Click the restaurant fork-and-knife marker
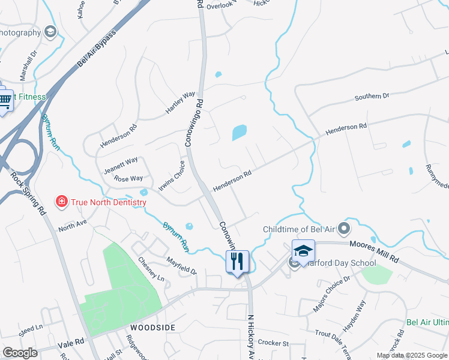coord(237,262)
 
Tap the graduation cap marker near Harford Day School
coord(303,251)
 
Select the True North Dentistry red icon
coord(61,202)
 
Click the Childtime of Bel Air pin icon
coord(343,229)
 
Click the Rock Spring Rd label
coord(28,193)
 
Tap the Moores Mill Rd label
coord(373,251)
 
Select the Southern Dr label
coord(372,96)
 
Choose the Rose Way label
coord(128,178)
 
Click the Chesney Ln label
coord(151,269)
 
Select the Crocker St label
coord(273,343)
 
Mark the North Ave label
coord(73,226)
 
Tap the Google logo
coord(20,353)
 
